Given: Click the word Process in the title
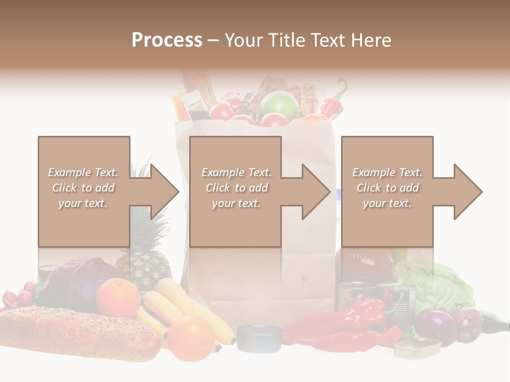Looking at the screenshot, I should [167, 40].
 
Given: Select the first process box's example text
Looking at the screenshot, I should [83, 188].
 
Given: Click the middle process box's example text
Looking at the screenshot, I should [236, 188].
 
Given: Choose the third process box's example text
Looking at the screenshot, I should [387, 188].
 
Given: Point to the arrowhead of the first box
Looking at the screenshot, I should [165, 192].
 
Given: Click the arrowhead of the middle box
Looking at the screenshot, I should [316, 192].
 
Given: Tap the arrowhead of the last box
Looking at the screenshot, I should [468, 192].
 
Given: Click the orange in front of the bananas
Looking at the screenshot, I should [191, 335].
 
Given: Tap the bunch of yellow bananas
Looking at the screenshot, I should [175, 308].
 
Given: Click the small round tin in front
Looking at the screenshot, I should [259, 338].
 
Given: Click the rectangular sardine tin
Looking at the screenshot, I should [417, 348].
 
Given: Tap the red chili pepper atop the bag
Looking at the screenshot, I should [334, 103].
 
